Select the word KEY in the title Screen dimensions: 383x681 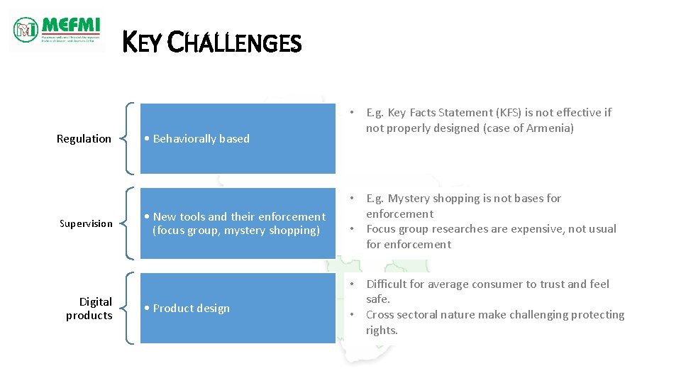point(142,43)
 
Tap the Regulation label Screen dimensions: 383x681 point(84,139)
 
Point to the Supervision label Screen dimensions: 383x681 point(86,224)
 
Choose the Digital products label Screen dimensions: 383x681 point(90,309)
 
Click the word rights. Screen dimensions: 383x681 point(382,331)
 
